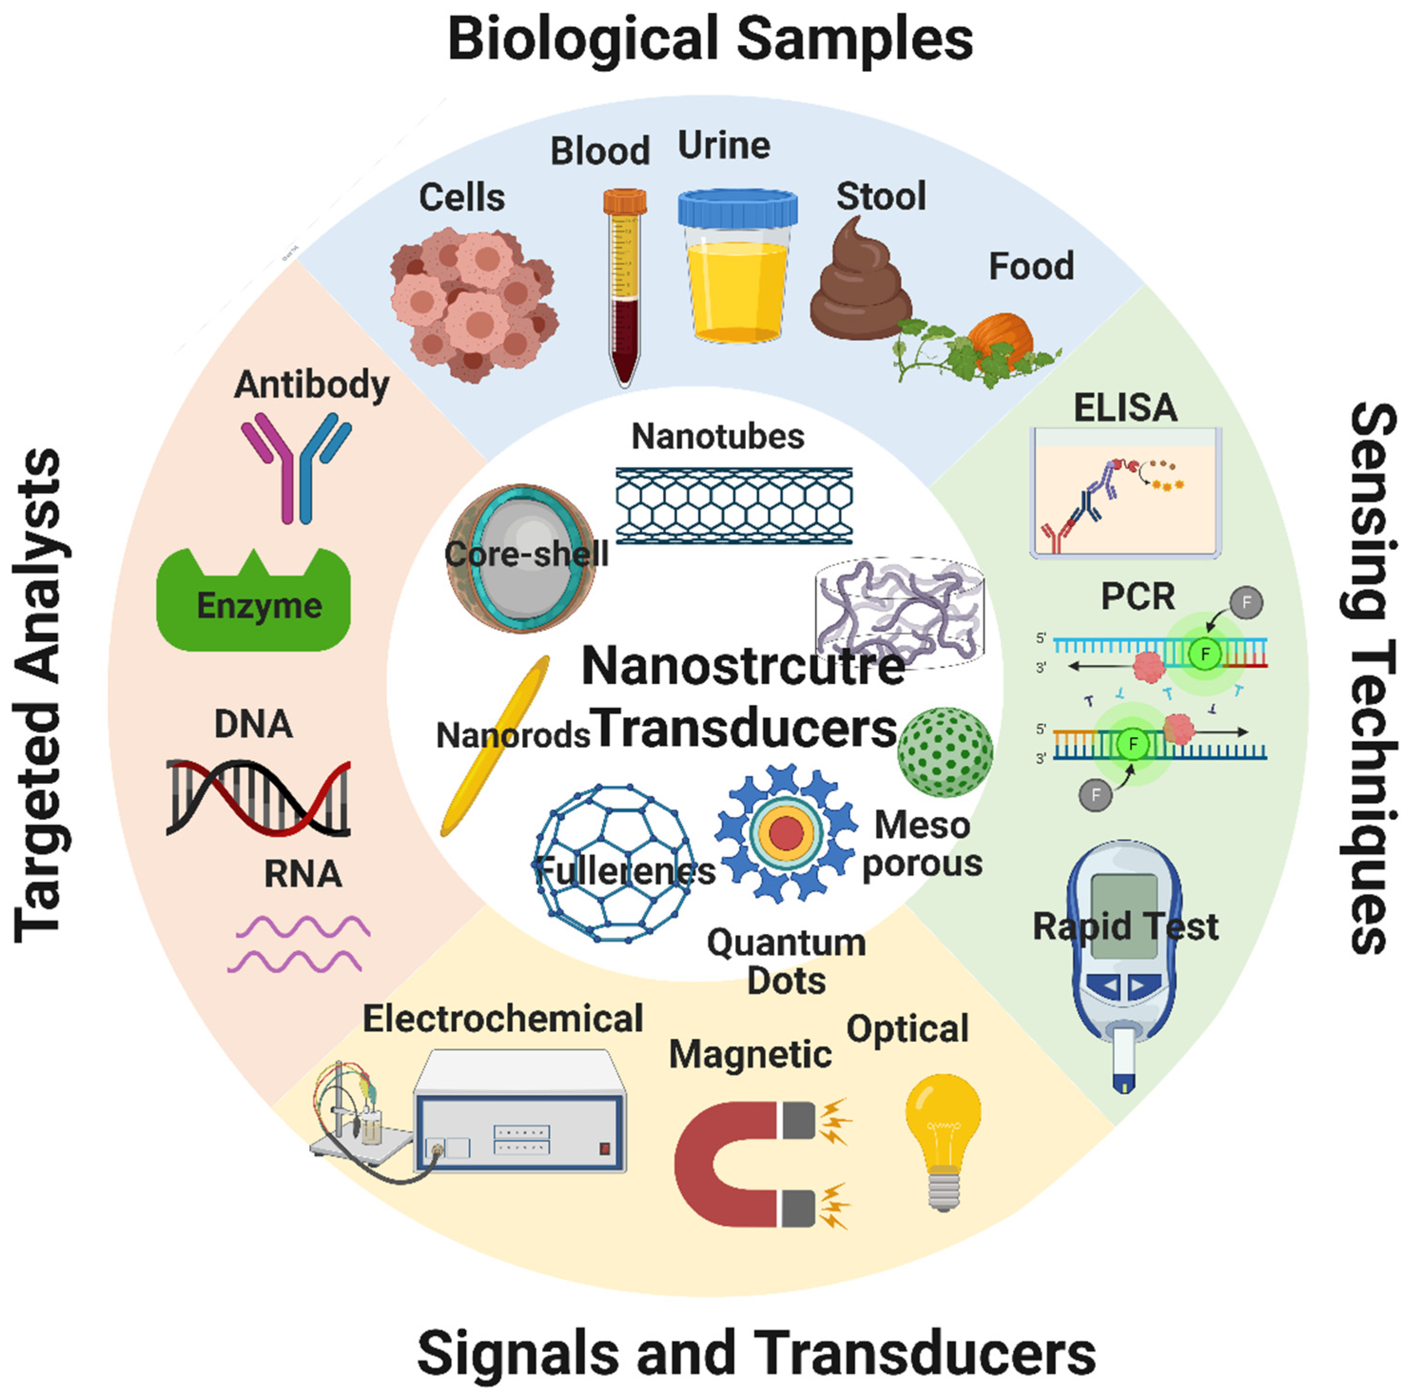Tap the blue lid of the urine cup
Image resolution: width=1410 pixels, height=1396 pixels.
pos(737,207)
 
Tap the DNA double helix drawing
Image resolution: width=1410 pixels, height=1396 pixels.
pos(258,797)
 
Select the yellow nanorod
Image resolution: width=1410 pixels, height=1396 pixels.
pos(496,745)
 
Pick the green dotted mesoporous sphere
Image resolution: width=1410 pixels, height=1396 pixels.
pos(944,752)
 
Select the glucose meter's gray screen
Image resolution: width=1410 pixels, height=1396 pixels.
pos(1124,913)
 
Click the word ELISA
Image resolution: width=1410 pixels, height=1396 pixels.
pos(1125,408)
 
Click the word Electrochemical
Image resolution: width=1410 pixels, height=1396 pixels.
pos(503,1019)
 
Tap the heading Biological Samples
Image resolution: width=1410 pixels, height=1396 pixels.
pos(710,39)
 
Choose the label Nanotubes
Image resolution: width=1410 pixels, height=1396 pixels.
pos(718,437)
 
